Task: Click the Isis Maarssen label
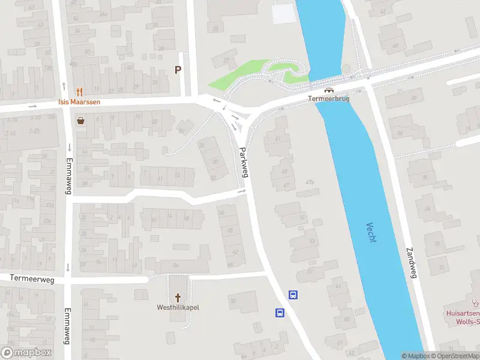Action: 79,101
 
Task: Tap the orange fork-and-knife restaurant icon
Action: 79,92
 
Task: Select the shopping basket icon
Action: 80,120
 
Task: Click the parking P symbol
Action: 178,70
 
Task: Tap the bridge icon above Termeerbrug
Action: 328,90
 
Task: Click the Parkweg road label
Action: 244,162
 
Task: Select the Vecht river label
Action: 371,234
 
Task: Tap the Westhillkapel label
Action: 178,307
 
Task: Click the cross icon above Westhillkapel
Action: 178,297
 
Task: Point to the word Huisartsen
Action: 463,313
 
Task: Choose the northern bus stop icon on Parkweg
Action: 293,295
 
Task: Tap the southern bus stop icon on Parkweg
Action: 280,313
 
